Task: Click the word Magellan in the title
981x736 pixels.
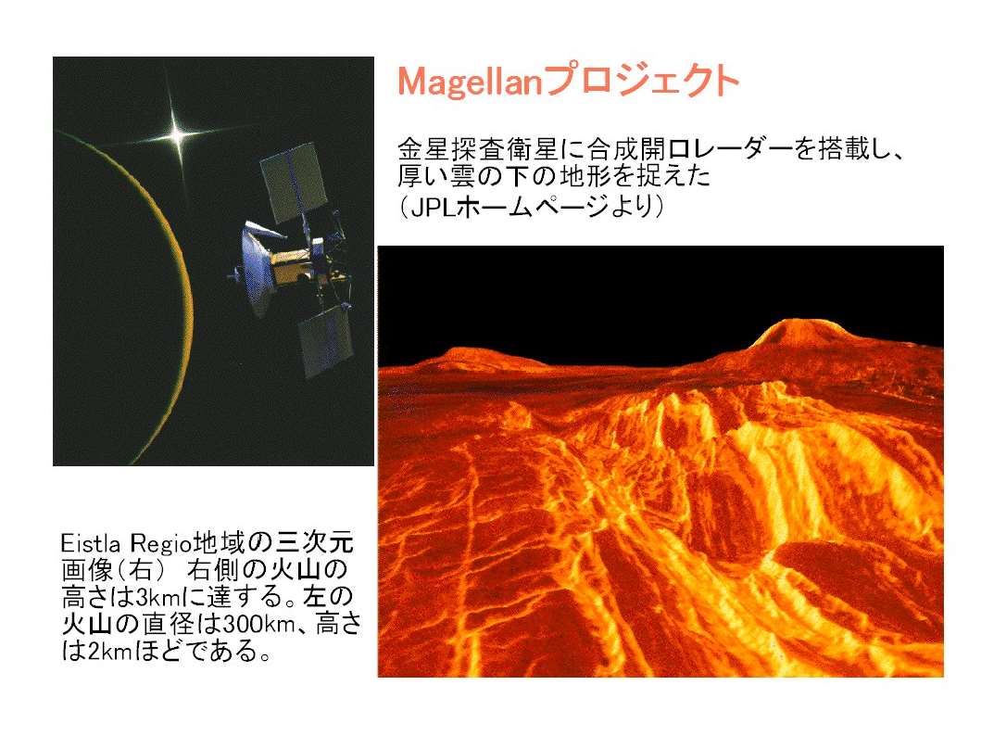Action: [470, 82]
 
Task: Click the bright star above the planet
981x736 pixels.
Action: [178, 134]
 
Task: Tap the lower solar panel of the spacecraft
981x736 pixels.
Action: [325, 341]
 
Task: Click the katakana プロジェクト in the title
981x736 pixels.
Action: [641, 82]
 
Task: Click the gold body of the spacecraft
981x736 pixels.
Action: [292, 264]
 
